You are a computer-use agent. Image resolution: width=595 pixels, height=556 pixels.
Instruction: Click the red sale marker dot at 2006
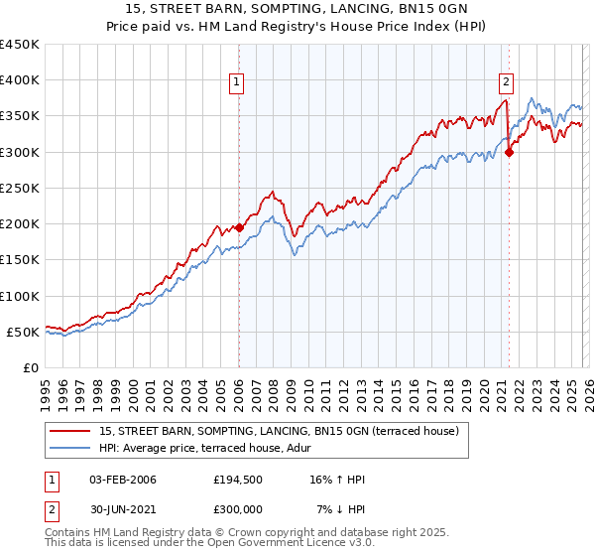pos(239,227)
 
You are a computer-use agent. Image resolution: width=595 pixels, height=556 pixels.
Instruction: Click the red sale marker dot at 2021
pos(509,152)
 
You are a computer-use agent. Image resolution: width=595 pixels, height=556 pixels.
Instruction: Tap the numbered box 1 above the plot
pos(238,82)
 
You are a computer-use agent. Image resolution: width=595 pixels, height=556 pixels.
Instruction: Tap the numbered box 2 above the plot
pos(506,82)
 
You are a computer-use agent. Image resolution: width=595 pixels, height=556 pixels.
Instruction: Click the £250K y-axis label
pos(21,188)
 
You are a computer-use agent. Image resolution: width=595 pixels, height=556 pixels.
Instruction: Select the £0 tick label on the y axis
pos(32,367)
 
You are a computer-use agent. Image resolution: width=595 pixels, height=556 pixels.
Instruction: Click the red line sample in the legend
pos(71,432)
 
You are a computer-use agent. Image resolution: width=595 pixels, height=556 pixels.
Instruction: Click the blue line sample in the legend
pos(71,449)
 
